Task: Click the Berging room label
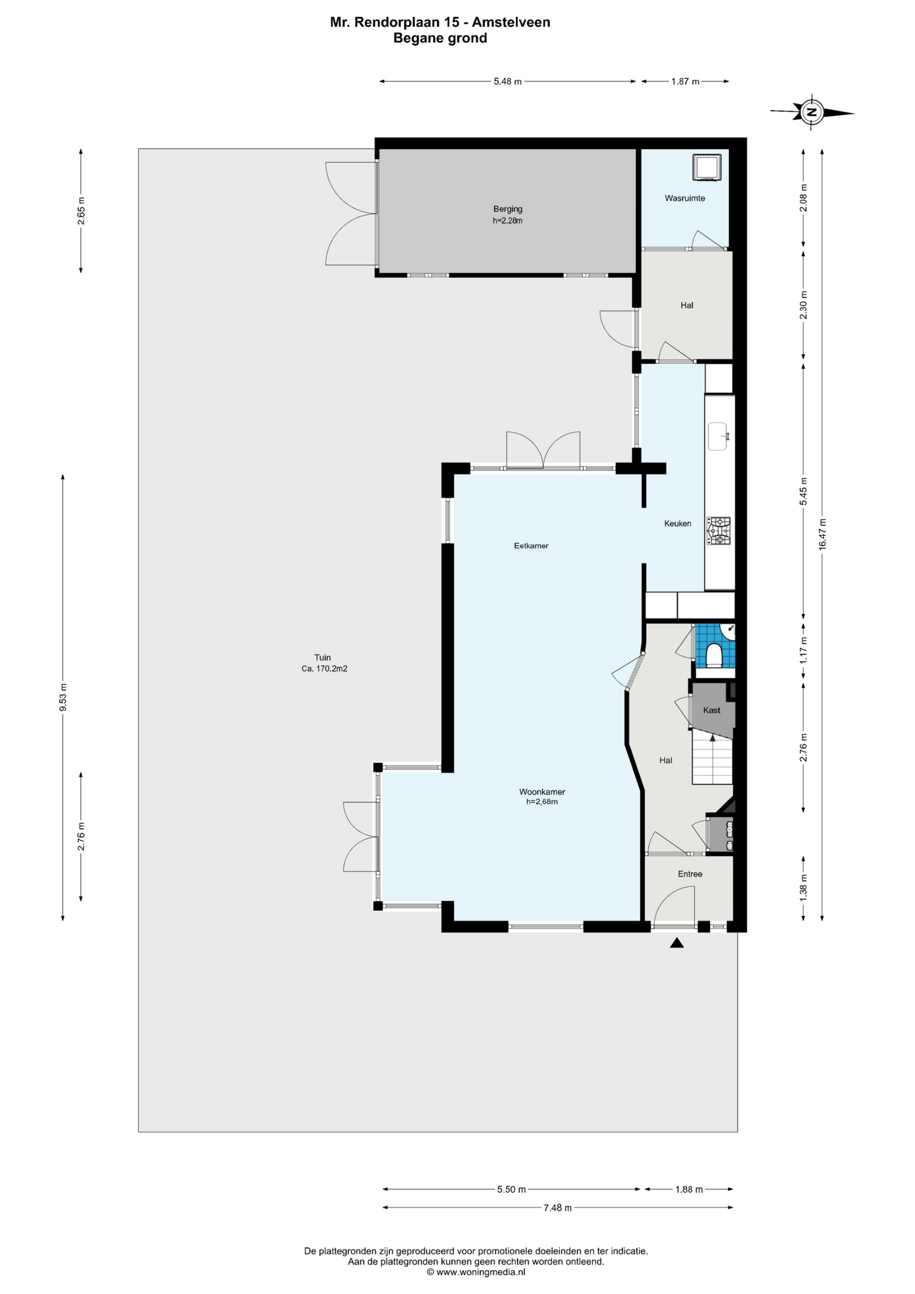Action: (507, 209)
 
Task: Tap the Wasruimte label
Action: (685, 198)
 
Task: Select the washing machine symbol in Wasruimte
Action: (707, 167)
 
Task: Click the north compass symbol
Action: (812, 112)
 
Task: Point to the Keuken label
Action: (678, 524)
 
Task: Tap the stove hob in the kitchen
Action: (718, 530)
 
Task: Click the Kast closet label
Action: (712, 710)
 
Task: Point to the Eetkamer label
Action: (531, 546)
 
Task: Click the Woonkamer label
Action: (542, 792)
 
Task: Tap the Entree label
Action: (690, 874)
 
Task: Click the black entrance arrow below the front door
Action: (677, 944)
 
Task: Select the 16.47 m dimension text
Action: (823, 534)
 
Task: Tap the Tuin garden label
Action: (323, 658)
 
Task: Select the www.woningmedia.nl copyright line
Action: (476, 1272)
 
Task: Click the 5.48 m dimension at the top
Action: (507, 82)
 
